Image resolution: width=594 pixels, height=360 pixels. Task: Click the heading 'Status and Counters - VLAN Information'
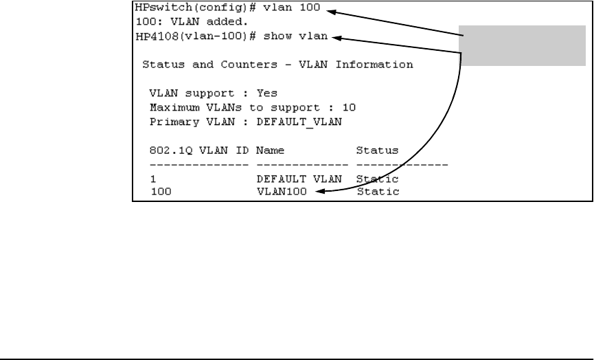(x=277, y=65)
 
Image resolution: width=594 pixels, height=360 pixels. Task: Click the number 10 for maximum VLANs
(x=350, y=107)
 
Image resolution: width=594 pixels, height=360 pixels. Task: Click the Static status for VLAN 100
(x=378, y=192)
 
